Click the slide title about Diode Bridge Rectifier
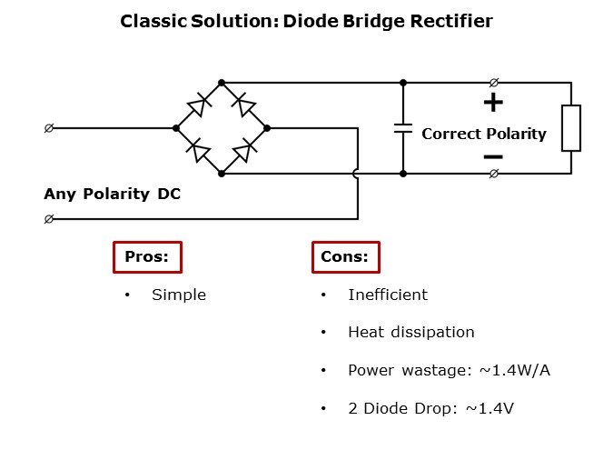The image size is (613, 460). pos(306,21)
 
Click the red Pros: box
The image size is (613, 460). pos(146,257)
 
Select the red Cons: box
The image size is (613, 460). pos(344,257)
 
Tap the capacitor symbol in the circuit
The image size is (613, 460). pos(403,128)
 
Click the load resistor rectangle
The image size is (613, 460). pos(570,128)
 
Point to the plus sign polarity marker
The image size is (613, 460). pos(493,103)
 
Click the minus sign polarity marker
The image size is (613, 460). pos(493,156)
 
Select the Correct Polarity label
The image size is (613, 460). pos(484,135)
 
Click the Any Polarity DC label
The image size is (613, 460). pos(112,194)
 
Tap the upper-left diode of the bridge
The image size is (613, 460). pos(197,105)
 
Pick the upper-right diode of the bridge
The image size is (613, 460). pos(243,105)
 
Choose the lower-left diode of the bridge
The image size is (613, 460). pos(197,151)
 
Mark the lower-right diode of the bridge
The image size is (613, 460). pos(243,151)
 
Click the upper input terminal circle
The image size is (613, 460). pos(48,128)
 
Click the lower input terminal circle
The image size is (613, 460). pos(48,219)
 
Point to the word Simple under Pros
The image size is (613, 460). pos(179,295)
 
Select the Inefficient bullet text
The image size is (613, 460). pos(388,295)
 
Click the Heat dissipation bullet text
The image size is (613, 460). pos(411,332)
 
